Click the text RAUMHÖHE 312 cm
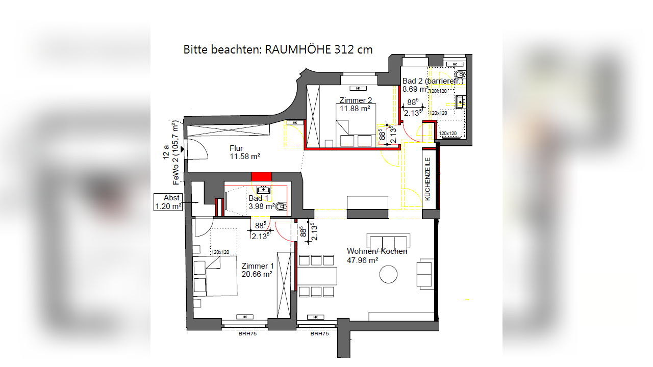[319, 49]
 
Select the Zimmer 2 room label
[352, 100]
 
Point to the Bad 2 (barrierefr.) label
[433, 81]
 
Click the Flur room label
[236, 148]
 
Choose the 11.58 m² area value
[245, 156]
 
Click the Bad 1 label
[259, 198]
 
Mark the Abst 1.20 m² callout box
[168, 202]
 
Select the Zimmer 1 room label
[258, 266]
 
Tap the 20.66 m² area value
[257, 274]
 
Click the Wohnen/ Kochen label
[377, 251]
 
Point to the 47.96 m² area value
[362, 259]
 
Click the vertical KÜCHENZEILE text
[428, 179]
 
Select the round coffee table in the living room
[389, 275]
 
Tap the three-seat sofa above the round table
[389, 241]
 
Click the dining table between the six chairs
[317, 276]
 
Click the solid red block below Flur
[262, 176]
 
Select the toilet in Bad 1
[281, 207]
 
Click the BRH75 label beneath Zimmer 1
[247, 334]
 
